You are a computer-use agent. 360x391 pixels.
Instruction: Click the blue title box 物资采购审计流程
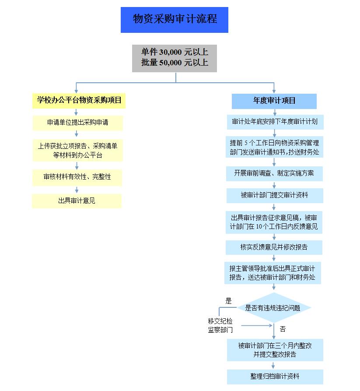(174, 20)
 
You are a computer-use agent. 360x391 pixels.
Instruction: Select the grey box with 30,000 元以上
(175, 57)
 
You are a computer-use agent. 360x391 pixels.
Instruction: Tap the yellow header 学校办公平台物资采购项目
(79, 100)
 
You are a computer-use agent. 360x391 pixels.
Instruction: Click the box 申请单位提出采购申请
(77, 123)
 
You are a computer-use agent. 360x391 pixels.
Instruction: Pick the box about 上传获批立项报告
(77, 150)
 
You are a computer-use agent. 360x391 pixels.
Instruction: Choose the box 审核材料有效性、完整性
(77, 177)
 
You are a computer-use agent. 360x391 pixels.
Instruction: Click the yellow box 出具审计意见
(77, 201)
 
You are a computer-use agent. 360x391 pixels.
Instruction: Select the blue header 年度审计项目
(274, 101)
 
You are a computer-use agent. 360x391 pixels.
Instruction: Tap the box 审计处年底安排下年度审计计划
(275, 122)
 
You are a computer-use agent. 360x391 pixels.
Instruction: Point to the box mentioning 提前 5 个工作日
(275, 148)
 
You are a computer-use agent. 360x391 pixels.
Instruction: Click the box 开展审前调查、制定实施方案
(275, 173)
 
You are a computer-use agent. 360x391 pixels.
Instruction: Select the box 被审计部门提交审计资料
(275, 195)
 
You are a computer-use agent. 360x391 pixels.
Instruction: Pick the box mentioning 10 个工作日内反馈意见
(275, 222)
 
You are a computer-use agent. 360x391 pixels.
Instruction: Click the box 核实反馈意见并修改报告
(274, 247)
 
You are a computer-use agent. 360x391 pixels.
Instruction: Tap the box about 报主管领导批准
(274, 272)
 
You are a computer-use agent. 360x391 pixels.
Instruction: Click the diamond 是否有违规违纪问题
(274, 308)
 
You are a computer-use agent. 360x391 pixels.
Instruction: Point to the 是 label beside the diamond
(228, 301)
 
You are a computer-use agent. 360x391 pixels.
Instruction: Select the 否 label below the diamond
(283, 329)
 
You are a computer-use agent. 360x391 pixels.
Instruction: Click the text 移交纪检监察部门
(220, 326)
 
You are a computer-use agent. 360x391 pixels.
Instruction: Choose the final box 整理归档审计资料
(275, 377)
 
